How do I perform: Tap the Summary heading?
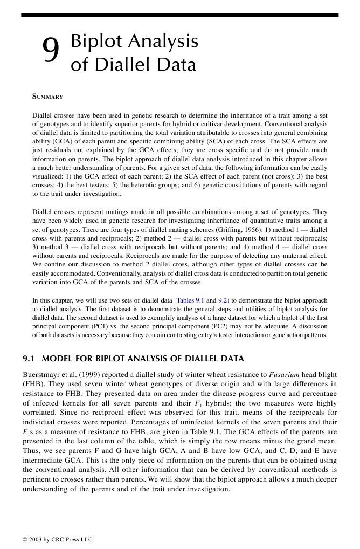click(x=47, y=97)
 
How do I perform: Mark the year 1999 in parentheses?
click(x=98, y=374)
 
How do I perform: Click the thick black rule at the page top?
click(x=179, y=15)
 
